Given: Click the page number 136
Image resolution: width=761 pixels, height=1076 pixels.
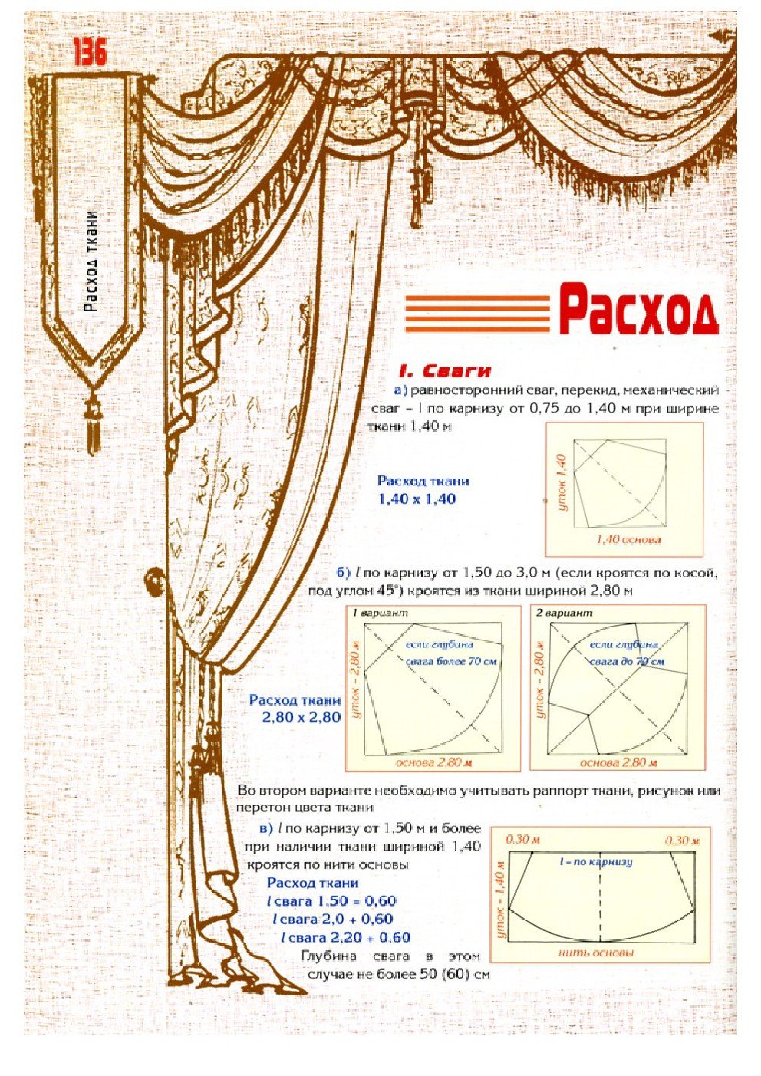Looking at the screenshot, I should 90,52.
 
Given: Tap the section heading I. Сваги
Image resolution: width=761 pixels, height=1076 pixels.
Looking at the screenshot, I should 446,371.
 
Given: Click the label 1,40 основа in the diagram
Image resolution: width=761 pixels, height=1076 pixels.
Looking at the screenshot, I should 628,539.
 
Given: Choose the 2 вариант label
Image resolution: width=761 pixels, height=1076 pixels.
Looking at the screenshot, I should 564,614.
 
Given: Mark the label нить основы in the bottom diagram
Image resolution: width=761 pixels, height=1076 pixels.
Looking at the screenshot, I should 596,953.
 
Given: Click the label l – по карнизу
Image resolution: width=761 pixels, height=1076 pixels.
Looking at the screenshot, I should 596,862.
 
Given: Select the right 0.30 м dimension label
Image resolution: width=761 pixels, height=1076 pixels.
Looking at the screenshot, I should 682,840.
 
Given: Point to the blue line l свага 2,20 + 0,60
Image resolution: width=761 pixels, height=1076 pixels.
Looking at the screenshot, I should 346,937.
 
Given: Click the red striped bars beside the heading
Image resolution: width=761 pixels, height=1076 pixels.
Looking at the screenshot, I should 478,313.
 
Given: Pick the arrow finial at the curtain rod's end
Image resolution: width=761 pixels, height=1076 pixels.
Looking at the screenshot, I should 721,36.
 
